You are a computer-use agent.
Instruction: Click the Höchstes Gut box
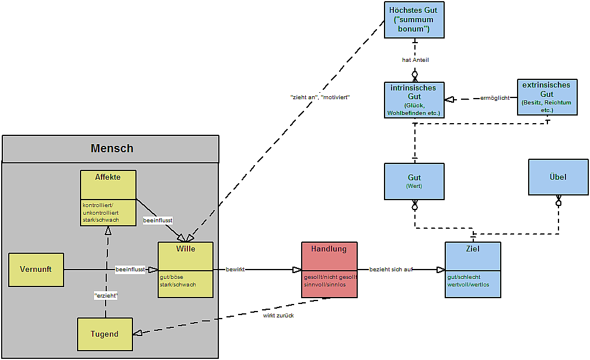(x=414, y=20)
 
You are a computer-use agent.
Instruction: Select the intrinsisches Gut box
(x=414, y=100)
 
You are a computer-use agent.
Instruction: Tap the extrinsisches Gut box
(x=547, y=97)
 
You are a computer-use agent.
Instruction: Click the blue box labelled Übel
(x=558, y=177)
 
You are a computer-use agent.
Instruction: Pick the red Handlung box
(x=329, y=270)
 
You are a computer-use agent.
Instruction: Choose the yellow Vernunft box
(x=36, y=270)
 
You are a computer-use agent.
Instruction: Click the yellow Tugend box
(x=105, y=334)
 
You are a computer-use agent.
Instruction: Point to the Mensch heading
(x=111, y=149)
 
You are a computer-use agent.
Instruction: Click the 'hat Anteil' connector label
(x=416, y=60)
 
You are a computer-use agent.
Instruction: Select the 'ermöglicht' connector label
(x=495, y=98)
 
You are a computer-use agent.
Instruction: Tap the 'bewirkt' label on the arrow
(x=235, y=270)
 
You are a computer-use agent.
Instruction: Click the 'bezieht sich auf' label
(x=390, y=270)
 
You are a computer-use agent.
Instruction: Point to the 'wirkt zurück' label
(x=278, y=315)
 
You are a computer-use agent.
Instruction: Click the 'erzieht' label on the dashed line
(x=106, y=296)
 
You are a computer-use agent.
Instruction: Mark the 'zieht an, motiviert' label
(x=320, y=97)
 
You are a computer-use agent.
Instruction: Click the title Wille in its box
(x=186, y=249)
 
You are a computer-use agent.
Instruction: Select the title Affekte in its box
(x=108, y=177)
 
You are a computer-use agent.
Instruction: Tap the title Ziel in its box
(x=473, y=249)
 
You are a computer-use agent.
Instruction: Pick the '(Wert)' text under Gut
(x=414, y=187)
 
